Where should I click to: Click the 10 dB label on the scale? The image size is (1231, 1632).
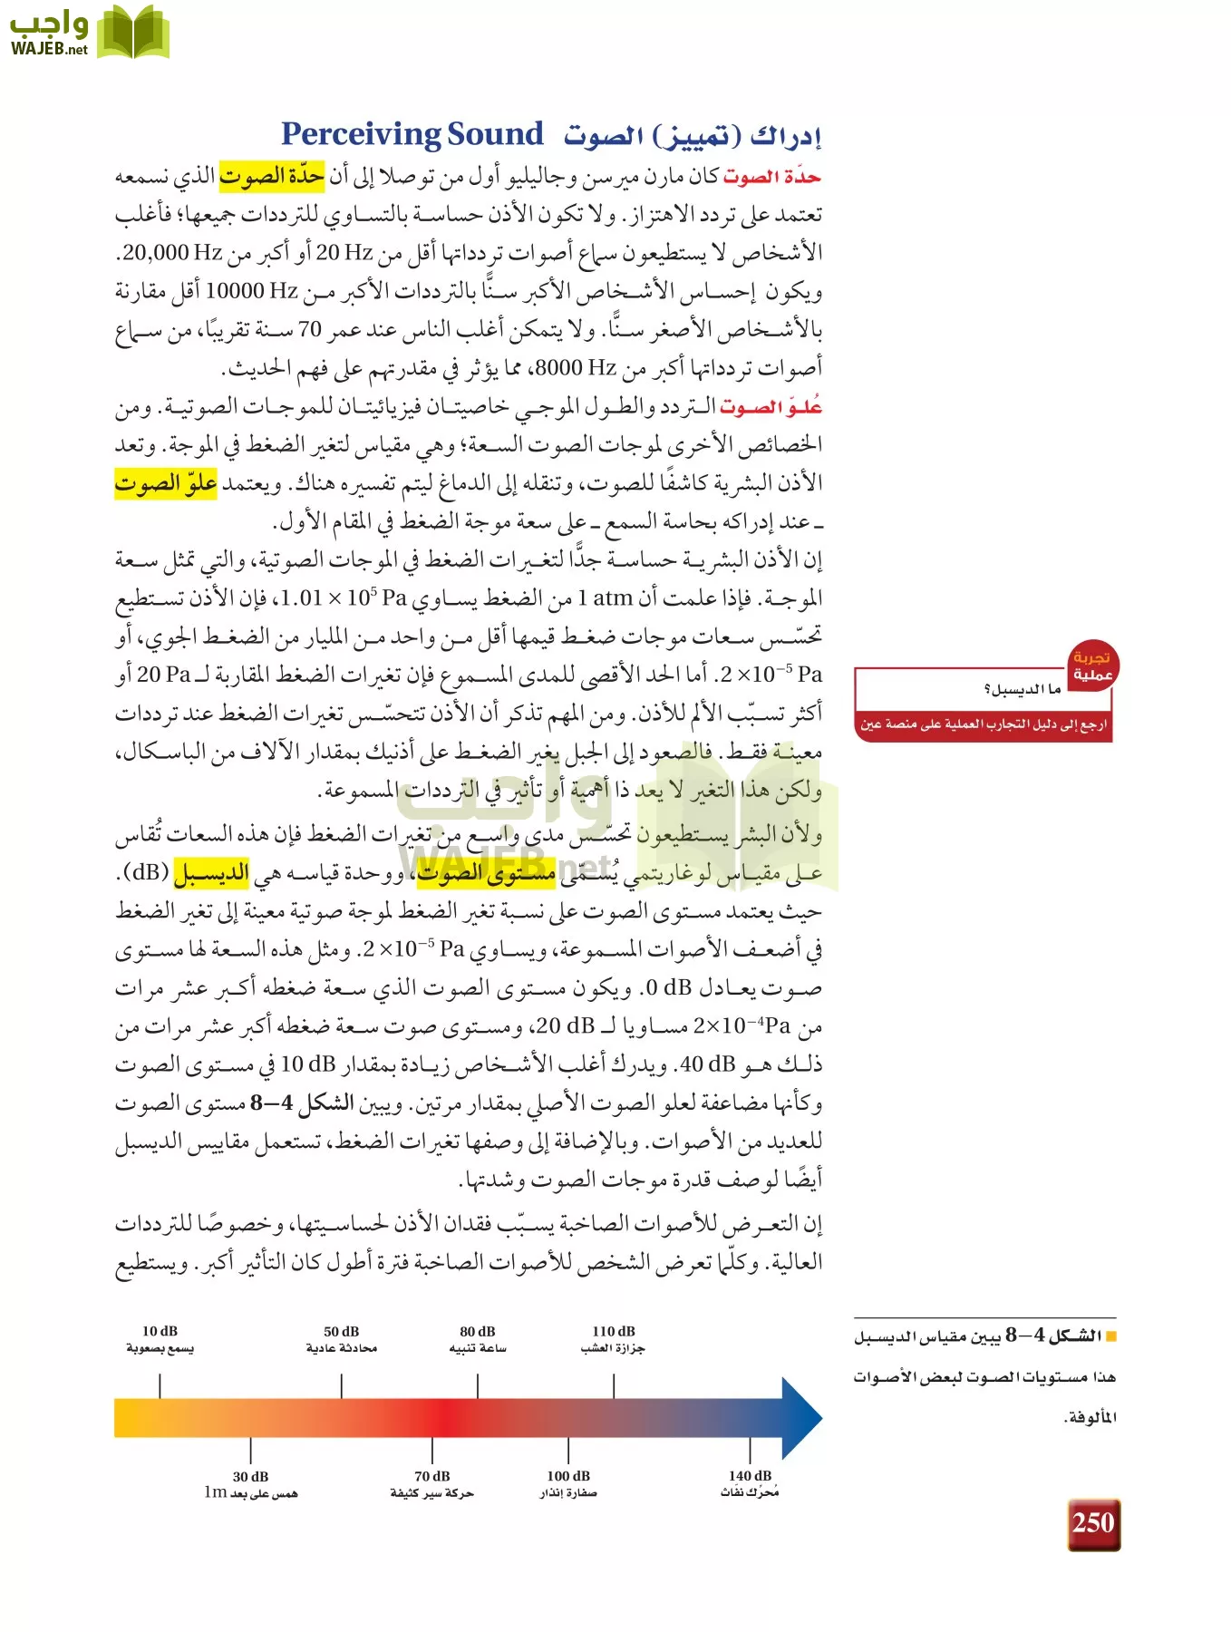(x=160, y=1331)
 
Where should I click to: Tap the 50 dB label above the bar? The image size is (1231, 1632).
(x=342, y=1331)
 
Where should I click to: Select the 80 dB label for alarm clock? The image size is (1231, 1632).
(x=478, y=1331)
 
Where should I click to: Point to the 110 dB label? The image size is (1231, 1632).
(x=614, y=1331)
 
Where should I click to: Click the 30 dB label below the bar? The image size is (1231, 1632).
(x=250, y=1476)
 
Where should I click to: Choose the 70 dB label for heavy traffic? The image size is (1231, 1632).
(x=432, y=1476)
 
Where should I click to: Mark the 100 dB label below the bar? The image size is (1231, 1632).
(x=568, y=1476)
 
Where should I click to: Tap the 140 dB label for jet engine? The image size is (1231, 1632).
(x=750, y=1476)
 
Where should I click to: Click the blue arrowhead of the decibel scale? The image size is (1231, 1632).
(x=800, y=1418)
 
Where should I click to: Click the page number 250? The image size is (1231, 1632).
(x=1093, y=1522)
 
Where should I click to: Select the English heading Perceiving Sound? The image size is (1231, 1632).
(x=412, y=134)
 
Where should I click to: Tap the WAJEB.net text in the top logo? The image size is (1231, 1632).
(x=49, y=49)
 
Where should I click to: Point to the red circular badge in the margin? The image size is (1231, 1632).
(x=1092, y=666)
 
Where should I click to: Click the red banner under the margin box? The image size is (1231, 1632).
(x=984, y=724)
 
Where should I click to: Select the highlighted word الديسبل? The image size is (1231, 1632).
(x=211, y=873)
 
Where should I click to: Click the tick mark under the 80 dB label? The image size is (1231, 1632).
(x=478, y=1385)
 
